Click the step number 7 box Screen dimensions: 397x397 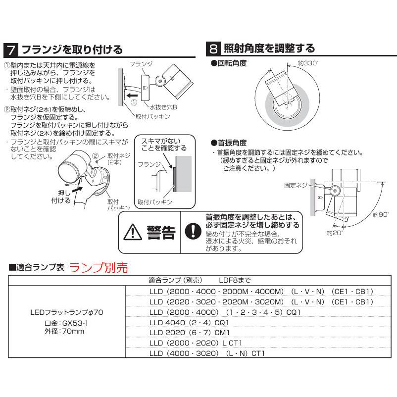tap(11, 50)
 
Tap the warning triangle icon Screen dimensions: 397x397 tap(133, 232)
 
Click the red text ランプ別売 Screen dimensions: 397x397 tap(99, 268)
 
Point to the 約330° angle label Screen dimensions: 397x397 tap(308, 63)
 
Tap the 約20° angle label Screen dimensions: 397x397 tap(335, 232)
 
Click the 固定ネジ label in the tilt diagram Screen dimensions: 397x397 tap(296, 185)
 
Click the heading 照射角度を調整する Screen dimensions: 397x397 tap(269, 49)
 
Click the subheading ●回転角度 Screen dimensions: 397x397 tap(229, 63)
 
